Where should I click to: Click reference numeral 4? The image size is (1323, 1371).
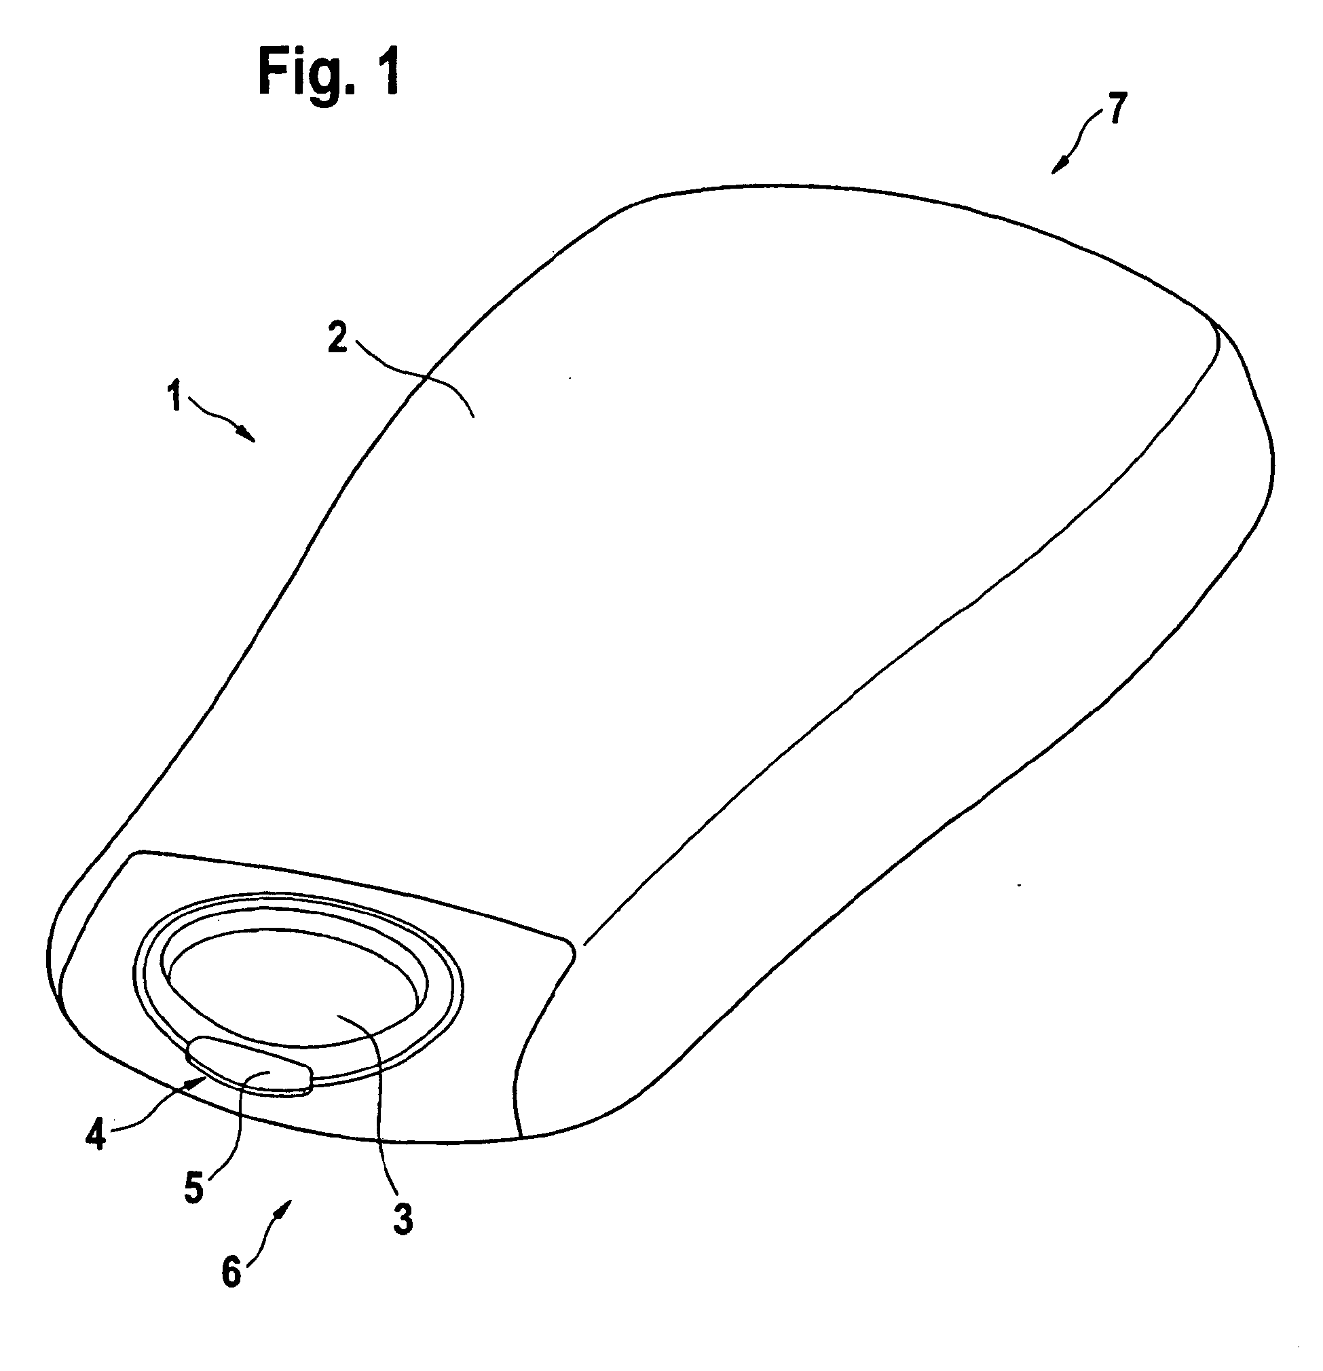95,1135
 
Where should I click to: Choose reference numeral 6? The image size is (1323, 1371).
231,1272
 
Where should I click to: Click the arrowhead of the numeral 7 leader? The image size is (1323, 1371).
1057,168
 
